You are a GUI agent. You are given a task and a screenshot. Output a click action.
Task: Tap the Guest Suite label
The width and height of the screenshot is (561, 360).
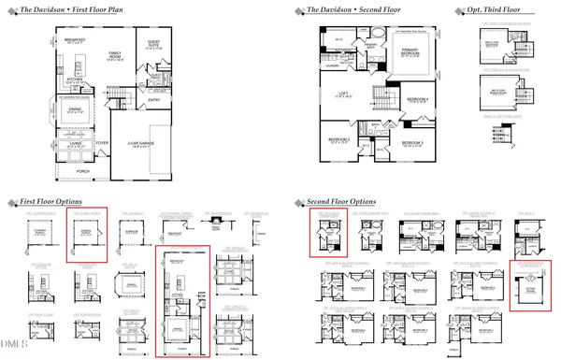coord(154,45)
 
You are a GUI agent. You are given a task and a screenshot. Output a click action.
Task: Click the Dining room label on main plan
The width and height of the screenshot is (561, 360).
coord(77,110)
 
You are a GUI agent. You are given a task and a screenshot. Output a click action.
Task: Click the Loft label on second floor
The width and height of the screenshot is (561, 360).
coord(345,94)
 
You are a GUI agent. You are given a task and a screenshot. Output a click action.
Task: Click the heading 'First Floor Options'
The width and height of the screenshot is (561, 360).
coord(49,201)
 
